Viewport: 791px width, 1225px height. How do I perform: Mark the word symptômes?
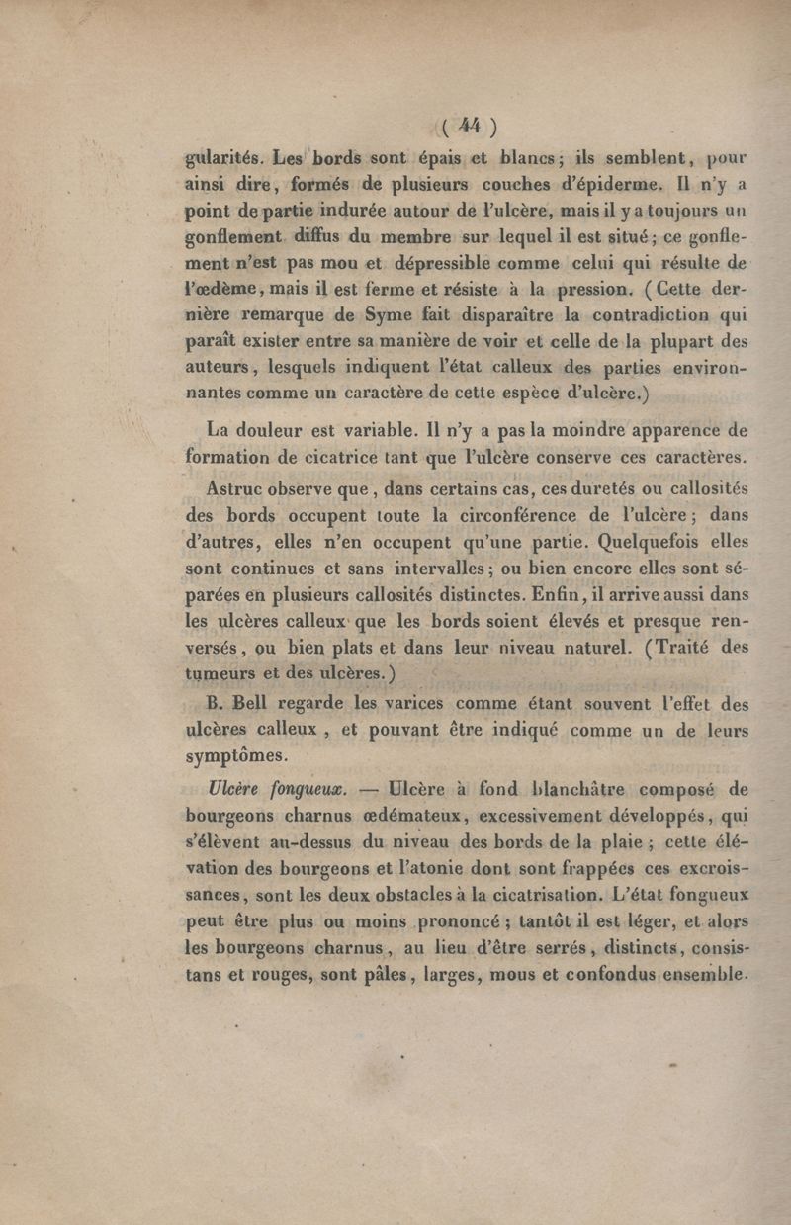(237, 758)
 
